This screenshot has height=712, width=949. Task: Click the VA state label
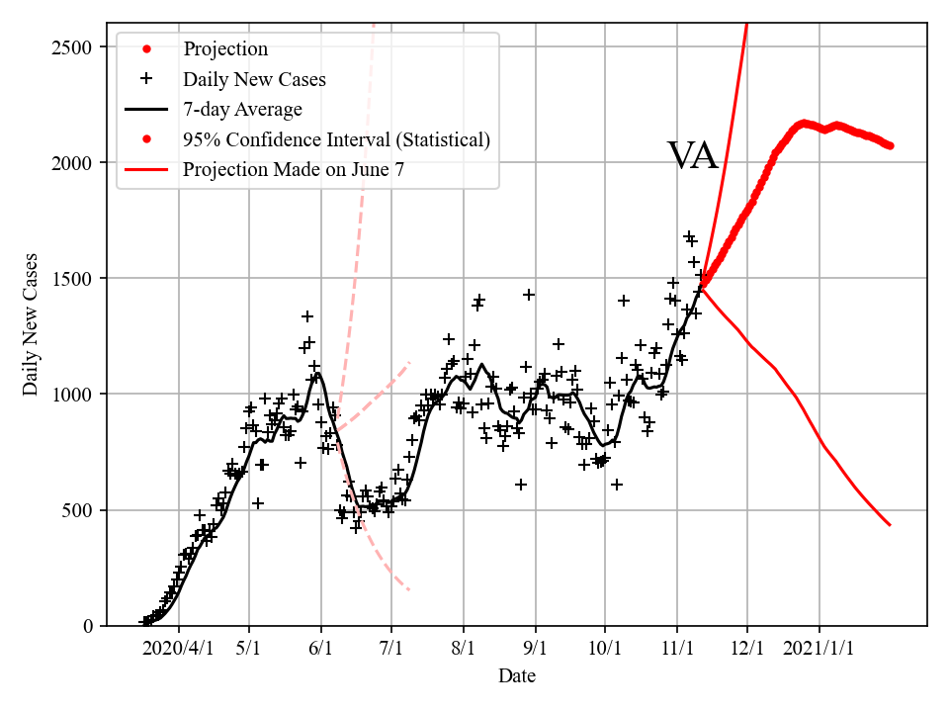coord(692,156)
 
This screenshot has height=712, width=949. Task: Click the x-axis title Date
coord(517,676)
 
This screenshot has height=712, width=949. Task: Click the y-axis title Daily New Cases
coord(31,324)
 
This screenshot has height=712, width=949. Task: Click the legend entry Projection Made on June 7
coord(294,170)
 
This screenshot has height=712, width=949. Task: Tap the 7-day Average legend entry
coord(242,109)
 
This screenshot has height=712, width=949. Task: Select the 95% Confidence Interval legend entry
coord(336,139)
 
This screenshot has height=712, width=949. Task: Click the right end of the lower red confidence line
coord(890,525)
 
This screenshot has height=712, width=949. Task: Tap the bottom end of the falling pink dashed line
coord(408,590)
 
